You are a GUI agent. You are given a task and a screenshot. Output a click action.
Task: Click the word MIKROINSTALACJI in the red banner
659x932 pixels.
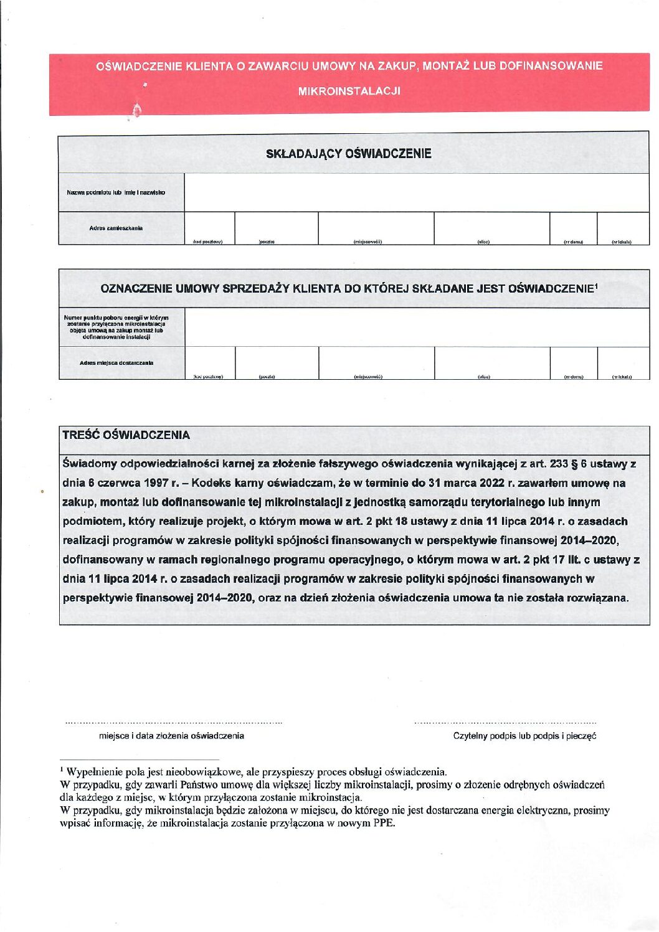(349, 91)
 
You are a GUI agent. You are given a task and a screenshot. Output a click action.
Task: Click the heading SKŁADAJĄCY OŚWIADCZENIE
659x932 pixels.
(348, 154)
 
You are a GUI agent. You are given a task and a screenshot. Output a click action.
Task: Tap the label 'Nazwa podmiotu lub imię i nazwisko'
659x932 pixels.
(116, 192)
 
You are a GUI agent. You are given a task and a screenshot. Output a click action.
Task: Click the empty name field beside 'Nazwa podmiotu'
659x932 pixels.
(416, 192)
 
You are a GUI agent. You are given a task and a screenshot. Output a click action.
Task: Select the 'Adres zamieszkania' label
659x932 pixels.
(116, 228)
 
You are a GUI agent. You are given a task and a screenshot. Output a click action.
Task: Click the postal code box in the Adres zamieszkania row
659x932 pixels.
(209, 227)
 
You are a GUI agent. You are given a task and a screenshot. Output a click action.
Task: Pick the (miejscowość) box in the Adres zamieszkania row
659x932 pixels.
(376, 227)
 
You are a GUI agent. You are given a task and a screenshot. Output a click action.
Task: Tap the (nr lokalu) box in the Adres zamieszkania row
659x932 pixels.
(622, 227)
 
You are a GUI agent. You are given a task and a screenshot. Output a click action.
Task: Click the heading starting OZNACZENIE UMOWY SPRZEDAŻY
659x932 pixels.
(349, 288)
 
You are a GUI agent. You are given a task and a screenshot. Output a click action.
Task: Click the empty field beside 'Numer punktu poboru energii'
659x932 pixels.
(416, 327)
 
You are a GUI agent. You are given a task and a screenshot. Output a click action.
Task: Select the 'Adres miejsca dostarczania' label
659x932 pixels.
(116, 362)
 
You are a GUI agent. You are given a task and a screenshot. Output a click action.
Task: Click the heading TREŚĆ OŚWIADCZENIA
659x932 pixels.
(126, 435)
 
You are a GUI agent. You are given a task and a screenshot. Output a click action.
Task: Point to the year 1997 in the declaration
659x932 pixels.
(156, 483)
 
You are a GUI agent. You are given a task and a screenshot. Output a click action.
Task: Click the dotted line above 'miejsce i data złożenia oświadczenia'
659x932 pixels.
(174, 723)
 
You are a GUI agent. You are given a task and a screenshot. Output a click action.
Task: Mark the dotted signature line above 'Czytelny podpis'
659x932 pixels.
(505, 723)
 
